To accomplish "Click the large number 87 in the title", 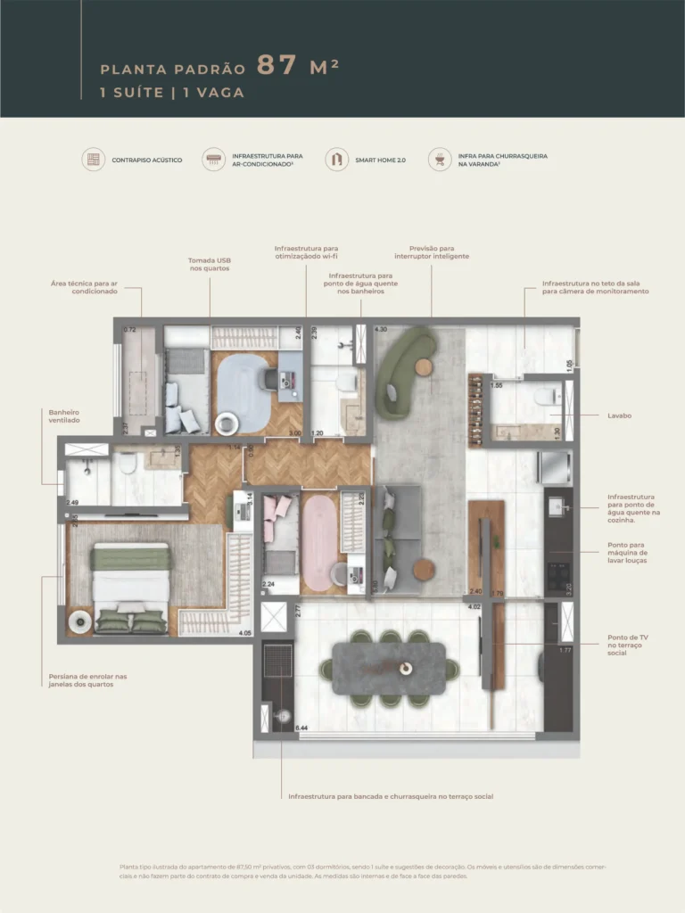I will click(x=276, y=66).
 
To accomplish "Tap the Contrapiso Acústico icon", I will click(x=93, y=160).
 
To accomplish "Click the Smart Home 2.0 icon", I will click(x=336, y=160).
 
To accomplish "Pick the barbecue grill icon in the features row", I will click(x=440, y=160).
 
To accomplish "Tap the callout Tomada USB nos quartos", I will click(x=209, y=264).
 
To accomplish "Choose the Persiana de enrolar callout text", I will click(x=88, y=680).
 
